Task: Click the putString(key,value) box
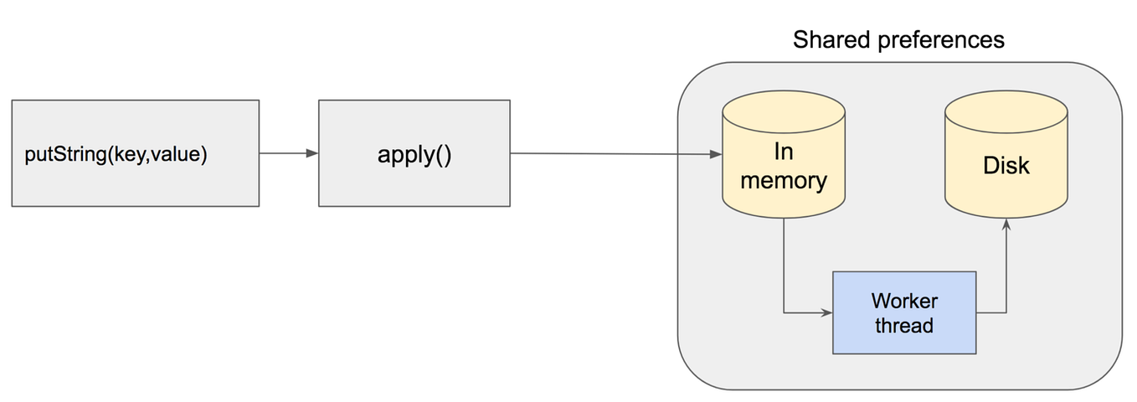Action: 135,153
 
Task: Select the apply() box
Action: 414,153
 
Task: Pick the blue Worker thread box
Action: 903,312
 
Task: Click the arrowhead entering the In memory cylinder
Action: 716,154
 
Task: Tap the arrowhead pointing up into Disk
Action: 1006,226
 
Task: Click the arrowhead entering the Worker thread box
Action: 826,313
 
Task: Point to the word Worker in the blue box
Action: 904,301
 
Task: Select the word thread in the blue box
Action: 904,325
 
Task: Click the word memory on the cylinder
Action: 784,180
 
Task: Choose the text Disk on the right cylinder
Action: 1006,166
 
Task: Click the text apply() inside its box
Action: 414,155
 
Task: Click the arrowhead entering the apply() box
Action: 312,153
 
